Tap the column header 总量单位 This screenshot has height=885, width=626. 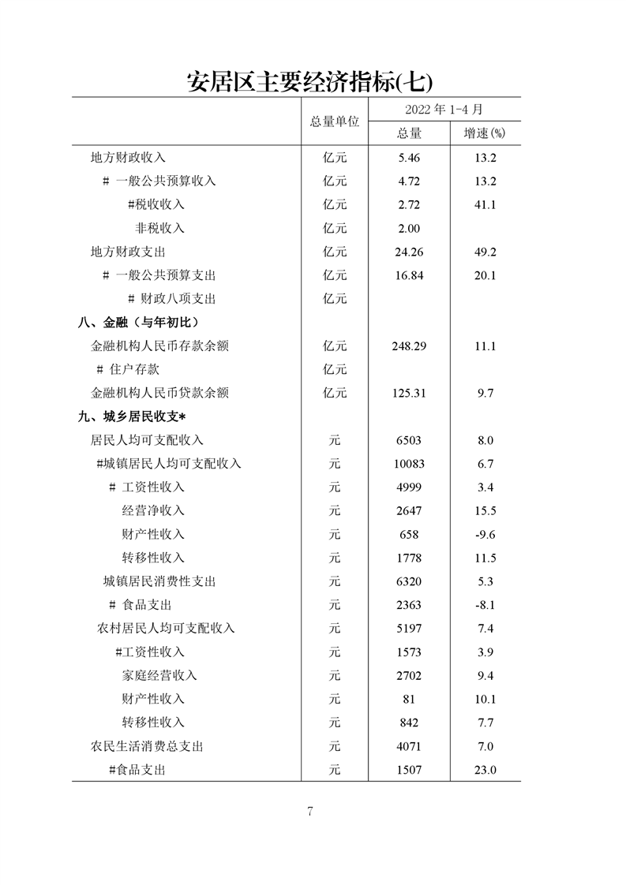334,121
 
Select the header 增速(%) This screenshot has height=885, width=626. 485,133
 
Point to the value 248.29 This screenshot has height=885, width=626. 409,345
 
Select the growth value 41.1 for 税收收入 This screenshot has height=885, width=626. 485,204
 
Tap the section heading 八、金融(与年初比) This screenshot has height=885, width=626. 137,322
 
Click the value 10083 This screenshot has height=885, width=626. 409,463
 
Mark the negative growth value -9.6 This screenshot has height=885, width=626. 485,534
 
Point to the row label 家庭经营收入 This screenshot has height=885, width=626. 159,675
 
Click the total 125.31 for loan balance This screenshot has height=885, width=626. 409,393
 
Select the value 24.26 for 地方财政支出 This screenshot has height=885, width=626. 409,252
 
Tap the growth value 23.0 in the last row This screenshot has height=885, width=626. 485,770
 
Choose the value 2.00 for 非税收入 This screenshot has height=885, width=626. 409,228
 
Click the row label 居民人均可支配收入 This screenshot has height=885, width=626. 147,440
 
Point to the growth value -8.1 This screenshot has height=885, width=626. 485,605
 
